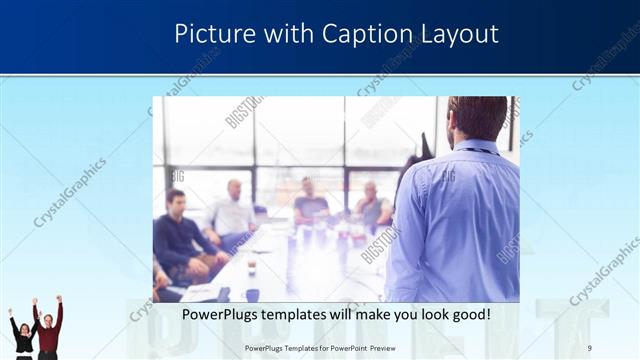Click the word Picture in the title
coord(212,33)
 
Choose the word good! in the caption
coord(467,314)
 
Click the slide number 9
coord(590,347)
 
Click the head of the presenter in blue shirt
coord(477,118)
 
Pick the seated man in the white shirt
coord(233,213)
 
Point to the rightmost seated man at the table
coord(372,207)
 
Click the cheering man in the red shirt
coord(48,330)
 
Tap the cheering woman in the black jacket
coord(23,334)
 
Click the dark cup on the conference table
coord(251,267)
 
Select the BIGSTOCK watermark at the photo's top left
coord(243,111)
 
